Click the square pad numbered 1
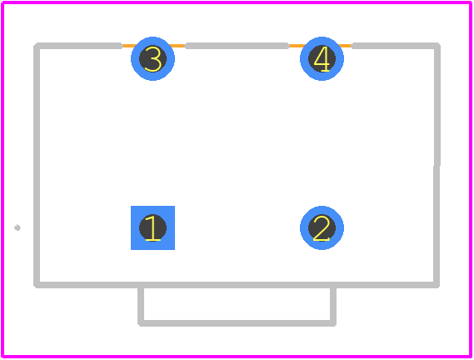click(x=152, y=227)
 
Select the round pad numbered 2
click(x=322, y=227)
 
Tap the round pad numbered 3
click(x=152, y=58)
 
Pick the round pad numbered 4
click(x=322, y=58)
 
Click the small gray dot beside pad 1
click(x=17, y=227)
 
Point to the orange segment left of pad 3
click(x=127, y=46)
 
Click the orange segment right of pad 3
click(x=179, y=46)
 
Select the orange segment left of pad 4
click(x=296, y=46)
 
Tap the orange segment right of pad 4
click(x=347, y=46)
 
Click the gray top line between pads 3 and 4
click(x=237, y=46)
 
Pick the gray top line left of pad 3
click(x=79, y=46)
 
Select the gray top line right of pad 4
click(x=396, y=46)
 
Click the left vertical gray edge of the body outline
click(x=37, y=166)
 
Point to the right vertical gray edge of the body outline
click(x=437, y=166)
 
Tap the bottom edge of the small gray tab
click(x=237, y=323)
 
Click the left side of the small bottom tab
click(x=141, y=306)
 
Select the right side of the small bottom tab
click(x=333, y=306)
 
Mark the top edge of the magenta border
click(x=237, y=2)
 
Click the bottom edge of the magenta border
click(x=237, y=357)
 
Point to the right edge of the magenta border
click(x=471, y=180)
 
